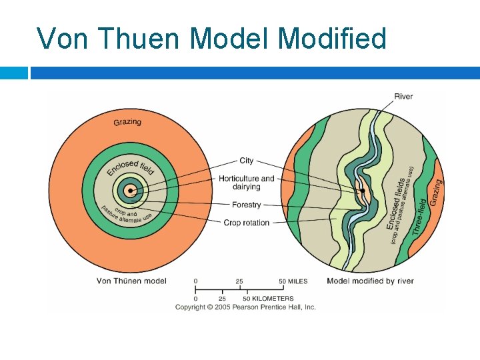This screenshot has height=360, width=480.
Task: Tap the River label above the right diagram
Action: click(x=403, y=97)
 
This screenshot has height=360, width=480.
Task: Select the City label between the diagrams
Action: click(x=246, y=161)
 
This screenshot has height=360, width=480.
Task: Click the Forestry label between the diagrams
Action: click(x=246, y=205)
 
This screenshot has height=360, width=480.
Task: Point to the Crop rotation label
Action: click(x=246, y=223)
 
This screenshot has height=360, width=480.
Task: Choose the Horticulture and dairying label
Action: click(x=246, y=183)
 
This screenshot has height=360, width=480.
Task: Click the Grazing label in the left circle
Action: click(x=127, y=122)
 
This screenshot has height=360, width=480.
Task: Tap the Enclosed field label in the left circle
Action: click(x=131, y=167)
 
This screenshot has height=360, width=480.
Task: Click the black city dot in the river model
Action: click(x=363, y=191)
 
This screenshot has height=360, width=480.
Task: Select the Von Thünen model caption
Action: click(x=131, y=281)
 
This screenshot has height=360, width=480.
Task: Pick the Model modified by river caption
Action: click(x=370, y=281)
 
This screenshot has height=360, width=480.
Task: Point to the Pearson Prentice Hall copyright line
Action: click(x=245, y=307)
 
